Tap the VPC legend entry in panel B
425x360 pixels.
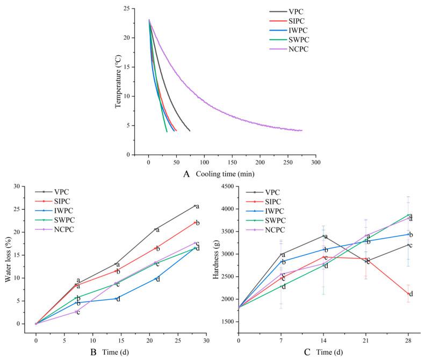click(x=60, y=191)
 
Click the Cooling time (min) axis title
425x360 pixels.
click(x=225, y=174)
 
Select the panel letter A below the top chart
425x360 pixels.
click(x=186, y=174)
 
